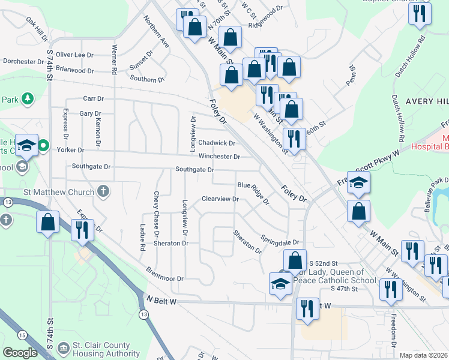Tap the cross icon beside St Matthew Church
(104, 192)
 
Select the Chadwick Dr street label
(217, 143)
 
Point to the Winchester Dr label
(220, 157)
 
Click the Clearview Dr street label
(220, 199)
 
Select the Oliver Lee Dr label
(75, 55)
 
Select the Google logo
(20, 353)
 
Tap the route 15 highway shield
(22, 335)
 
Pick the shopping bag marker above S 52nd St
(295, 260)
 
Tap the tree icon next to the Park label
(27, 98)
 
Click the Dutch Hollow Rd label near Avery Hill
(400, 114)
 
